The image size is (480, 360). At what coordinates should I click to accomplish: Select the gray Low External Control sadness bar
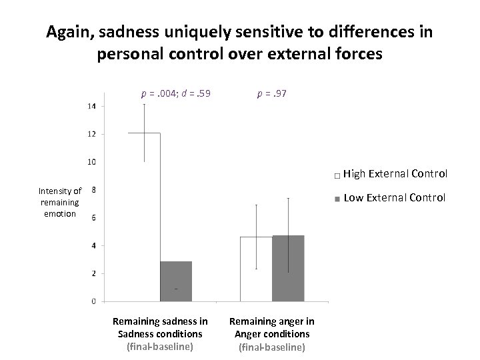(176, 281)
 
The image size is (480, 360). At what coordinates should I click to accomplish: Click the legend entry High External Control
(395, 175)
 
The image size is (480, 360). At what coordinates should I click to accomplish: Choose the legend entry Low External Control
(393, 197)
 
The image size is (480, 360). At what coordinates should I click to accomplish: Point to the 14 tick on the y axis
(92, 106)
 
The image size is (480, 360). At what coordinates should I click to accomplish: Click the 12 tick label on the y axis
(92, 134)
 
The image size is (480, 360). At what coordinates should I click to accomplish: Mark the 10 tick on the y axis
(92, 162)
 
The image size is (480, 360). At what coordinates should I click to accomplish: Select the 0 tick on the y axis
(93, 301)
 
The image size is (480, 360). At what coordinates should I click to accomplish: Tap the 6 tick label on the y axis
(93, 217)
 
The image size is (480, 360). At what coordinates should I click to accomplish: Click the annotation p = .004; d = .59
(175, 94)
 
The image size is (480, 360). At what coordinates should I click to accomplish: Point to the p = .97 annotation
(272, 94)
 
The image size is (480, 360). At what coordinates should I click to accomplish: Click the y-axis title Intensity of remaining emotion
(60, 202)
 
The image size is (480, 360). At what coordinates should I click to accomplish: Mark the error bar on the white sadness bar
(145, 133)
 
